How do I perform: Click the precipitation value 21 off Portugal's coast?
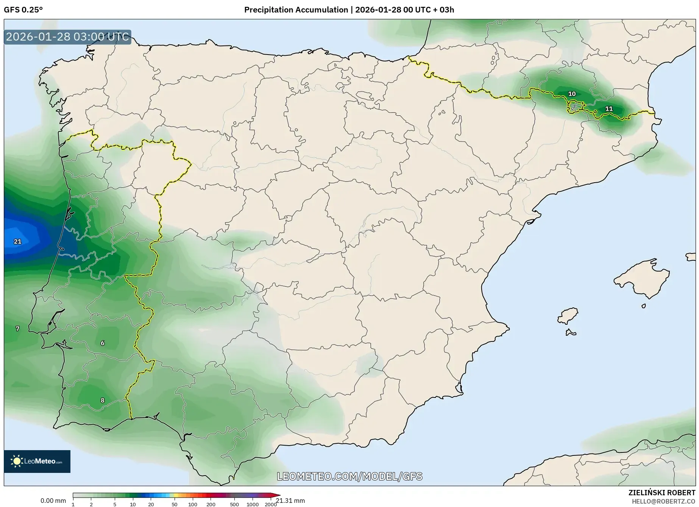point(17,241)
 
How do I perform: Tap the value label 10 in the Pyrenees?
point(572,94)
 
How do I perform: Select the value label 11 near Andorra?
point(609,109)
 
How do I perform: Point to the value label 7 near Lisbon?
point(17,329)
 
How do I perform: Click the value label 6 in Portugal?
point(103,343)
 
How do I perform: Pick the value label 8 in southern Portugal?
point(103,400)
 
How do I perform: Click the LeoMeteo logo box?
point(37,461)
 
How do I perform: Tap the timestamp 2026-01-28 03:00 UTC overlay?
point(67,37)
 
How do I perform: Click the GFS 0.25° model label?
point(23,10)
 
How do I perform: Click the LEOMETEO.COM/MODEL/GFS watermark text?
point(349,476)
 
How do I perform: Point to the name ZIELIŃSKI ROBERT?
point(662,493)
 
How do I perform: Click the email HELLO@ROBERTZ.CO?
point(663,501)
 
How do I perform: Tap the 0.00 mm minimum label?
point(53,501)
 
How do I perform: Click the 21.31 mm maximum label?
point(290,501)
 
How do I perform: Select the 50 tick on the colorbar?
point(174,504)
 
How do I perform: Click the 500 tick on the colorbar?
point(234,504)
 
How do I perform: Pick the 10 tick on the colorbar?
point(133,504)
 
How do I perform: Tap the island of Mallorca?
point(642,279)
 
